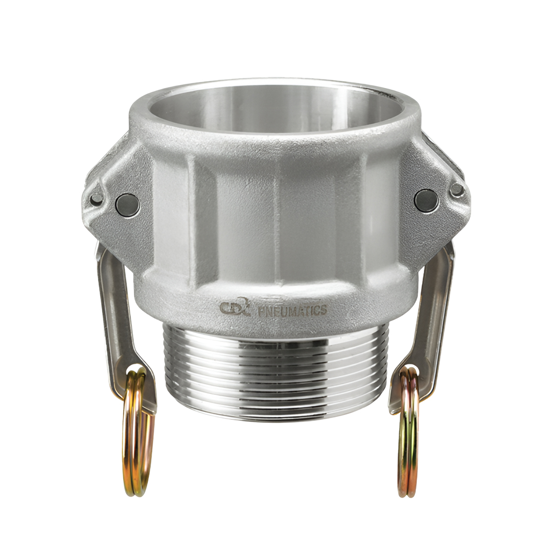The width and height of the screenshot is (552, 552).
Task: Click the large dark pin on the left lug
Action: pos(127,205)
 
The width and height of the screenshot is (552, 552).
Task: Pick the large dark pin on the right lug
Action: pos(426,200)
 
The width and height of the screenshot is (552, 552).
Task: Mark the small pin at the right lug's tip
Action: pos(456,190)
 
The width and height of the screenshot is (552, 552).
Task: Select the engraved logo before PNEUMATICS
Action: pos(235,307)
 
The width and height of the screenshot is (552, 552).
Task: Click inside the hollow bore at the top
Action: pos(276,110)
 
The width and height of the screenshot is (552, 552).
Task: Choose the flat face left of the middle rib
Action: pos(240,220)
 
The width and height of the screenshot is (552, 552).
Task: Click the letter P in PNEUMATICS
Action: pos(262,311)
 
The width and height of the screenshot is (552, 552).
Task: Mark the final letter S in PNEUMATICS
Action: pos(323,309)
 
